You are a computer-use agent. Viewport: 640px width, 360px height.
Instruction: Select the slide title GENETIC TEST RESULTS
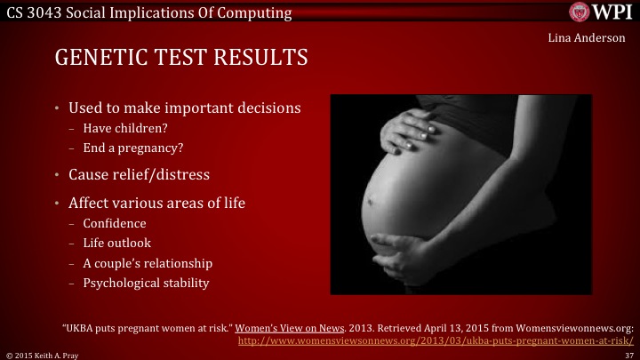[x=181, y=59]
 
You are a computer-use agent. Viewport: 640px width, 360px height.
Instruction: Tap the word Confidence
[x=114, y=223]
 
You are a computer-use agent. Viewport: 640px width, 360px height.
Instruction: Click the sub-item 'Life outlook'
[x=117, y=243]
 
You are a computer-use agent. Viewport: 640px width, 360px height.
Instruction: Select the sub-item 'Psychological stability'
[x=146, y=283]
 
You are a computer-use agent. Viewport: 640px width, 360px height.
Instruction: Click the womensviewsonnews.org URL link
[x=436, y=340]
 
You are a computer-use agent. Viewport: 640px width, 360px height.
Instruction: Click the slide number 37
[x=628, y=354]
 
